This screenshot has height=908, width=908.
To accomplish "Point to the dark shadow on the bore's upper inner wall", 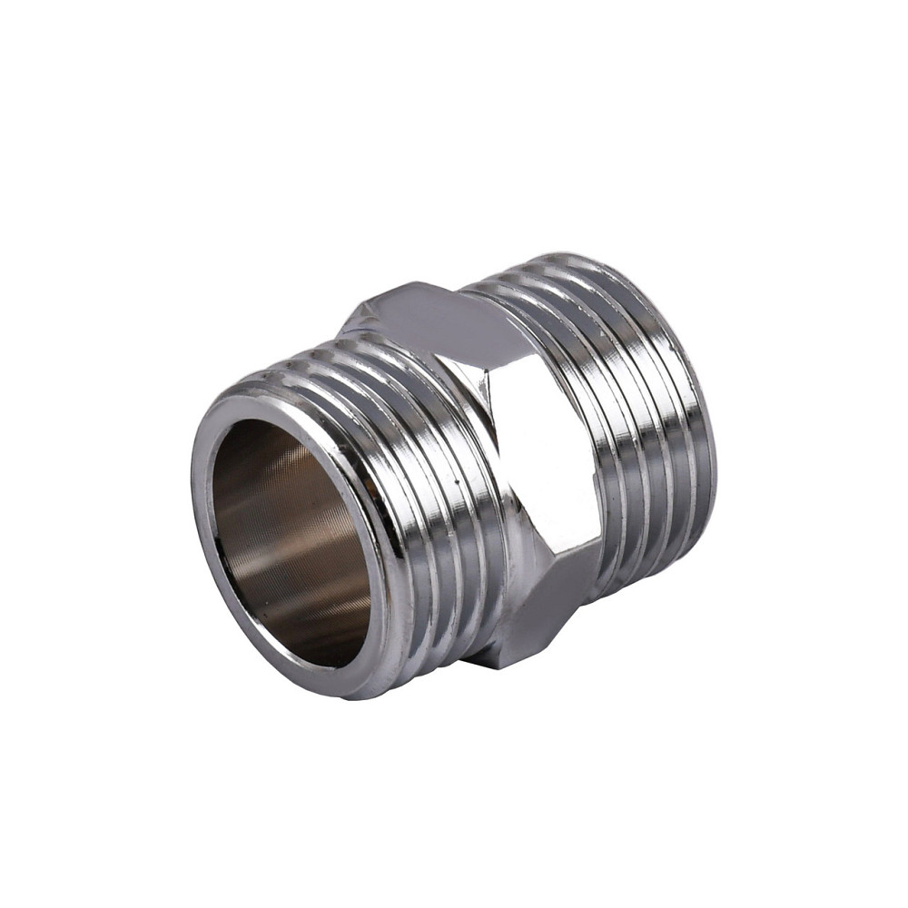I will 263,454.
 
